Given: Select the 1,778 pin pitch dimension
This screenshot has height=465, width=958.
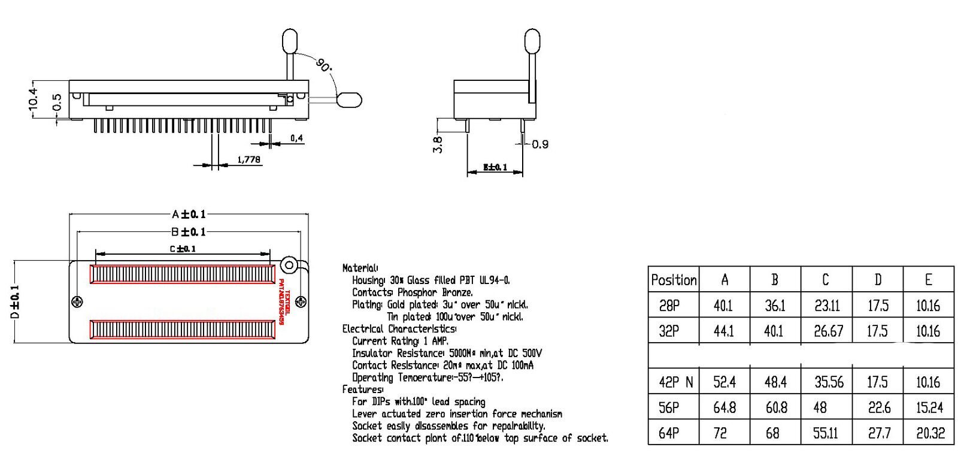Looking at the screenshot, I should click(x=248, y=159).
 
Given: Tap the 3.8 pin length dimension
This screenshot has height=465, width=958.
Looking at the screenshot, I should click(x=438, y=144).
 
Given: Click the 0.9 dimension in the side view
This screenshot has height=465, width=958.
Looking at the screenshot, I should click(x=539, y=144).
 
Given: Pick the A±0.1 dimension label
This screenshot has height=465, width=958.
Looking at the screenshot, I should click(x=189, y=215).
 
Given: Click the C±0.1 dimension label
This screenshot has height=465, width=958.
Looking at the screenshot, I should click(x=183, y=249).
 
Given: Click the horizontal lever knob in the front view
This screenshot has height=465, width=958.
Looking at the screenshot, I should click(x=349, y=99).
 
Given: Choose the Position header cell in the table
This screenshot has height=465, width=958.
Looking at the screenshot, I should click(x=674, y=280).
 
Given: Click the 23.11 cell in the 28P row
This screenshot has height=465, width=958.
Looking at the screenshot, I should click(x=826, y=306).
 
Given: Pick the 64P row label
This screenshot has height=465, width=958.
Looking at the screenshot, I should click(x=669, y=433).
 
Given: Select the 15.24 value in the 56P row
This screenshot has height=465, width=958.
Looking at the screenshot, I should click(x=929, y=408).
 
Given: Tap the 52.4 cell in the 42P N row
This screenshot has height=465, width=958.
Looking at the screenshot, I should click(x=724, y=382).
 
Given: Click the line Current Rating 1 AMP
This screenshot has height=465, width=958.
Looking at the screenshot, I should click(x=400, y=341).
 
